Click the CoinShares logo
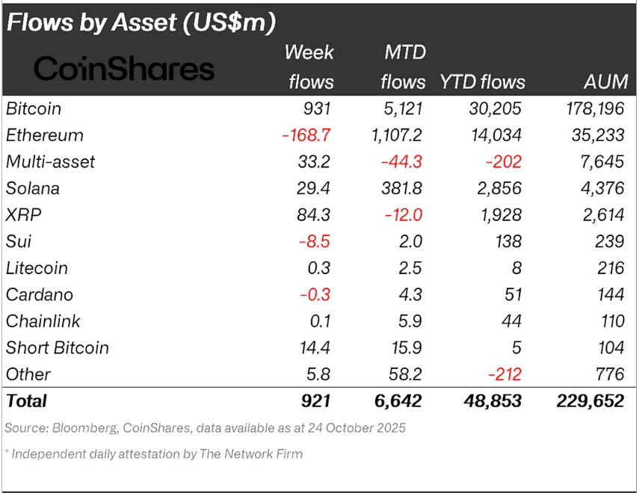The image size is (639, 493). (124, 69)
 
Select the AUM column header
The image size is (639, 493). (605, 81)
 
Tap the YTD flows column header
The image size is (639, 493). (482, 81)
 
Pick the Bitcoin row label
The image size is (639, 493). (34, 109)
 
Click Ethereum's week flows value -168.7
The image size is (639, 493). (307, 135)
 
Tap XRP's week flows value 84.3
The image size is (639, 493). (314, 215)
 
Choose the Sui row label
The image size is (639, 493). (19, 241)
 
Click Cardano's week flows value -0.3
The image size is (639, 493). (315, 294)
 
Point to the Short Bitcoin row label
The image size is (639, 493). (58, 347)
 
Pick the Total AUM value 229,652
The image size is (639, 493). (590, 401)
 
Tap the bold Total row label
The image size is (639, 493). (26, 401)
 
